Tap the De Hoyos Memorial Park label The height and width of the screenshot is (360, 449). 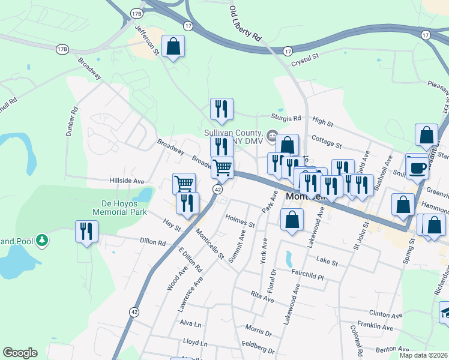pos(120,207)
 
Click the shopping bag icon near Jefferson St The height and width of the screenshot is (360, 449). pos(173,47)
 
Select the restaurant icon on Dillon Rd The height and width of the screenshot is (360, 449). pos(86,231)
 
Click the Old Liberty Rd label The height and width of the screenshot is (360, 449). pos(246,24)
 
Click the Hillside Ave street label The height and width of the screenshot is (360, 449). pos(127,181)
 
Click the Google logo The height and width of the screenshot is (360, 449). pos(20,353)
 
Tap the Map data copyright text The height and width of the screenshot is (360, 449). pos(424,355)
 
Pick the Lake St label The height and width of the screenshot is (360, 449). pos(327,262)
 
